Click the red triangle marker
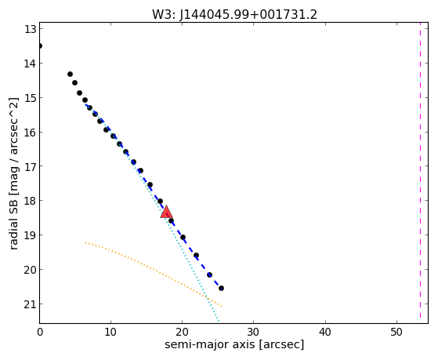[x=166, y=212]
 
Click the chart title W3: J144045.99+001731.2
[x=234, y=14]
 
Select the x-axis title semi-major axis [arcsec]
[x=234, y=344]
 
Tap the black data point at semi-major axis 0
[x=40, y=45]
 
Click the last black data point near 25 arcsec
[x=221, y=288]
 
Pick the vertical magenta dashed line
[x=420, y=170]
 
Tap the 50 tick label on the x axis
[x=396, y=332]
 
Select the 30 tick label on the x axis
[x=253, y=332]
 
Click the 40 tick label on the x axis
[x=325, y=332]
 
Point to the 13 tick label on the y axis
[x=31, y=29]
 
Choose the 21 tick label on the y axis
[x=31, y=304]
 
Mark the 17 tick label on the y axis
[x=31, y=166]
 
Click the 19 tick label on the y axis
[x=31, y=235]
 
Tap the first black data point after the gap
[x=70, y=75]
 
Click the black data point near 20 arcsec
[x=183, y=237]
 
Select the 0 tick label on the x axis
[x=40, y=332]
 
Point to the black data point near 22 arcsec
[x=196, y=255]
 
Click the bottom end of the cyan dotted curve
[x=219, y=322]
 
